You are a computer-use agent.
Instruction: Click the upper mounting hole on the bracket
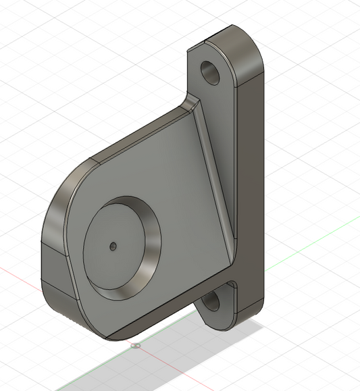(211, 70)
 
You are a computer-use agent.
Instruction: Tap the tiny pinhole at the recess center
(113, 246)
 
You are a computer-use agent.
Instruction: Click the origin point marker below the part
(136, 346)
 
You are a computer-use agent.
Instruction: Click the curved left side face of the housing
(54, 209)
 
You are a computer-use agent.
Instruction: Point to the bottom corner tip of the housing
(108, 335)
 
